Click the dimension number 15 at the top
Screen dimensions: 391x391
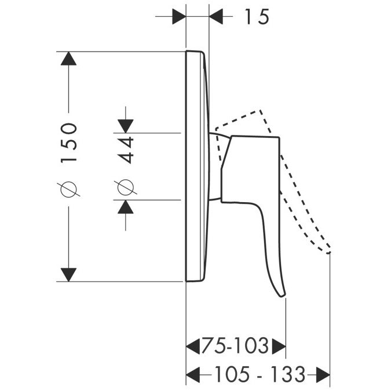[x=257, y=17]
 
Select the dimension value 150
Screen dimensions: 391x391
[x=68, y=143]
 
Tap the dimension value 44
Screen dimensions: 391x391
[x=126, y=150]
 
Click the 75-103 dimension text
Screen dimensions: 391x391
[x=235, y=346]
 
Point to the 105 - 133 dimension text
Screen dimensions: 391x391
[x=260, y=374]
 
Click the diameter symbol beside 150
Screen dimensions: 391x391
[x=68, y=189]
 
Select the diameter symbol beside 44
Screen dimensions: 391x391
[x=126, y=187]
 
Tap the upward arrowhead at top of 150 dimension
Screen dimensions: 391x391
[x=68, y=59]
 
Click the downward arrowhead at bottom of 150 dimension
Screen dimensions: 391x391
[x=68, y=275]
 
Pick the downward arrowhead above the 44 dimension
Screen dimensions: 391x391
[x=126, y=126]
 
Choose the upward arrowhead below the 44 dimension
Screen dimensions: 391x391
[x=126, y=207]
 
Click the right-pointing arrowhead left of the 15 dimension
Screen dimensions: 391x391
[x=180, y=16]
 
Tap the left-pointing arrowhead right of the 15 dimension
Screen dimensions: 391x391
[x=215, y=16]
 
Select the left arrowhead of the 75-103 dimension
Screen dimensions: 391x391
[x=193, y=346]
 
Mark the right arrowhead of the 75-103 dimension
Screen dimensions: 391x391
[x=279, y=346]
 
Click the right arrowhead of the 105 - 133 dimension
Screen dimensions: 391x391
[x=323, y=375]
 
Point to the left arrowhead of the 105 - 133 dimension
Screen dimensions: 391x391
[x=193, y=375]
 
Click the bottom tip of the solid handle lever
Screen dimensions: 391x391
[x=283, y=296]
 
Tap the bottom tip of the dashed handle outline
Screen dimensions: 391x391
[x=328, y=253]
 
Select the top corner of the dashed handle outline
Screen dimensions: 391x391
[x=260, y=110]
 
